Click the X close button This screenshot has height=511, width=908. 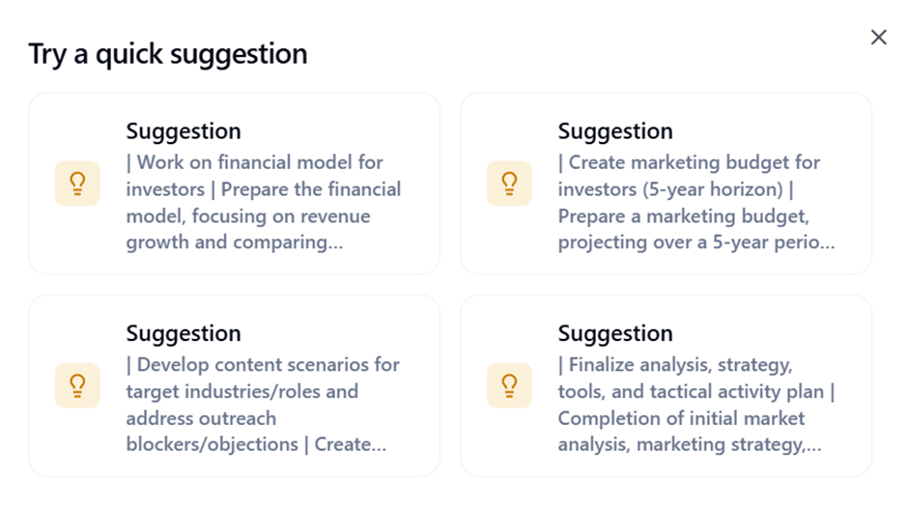point(878,37)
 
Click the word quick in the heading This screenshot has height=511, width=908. point(129,54)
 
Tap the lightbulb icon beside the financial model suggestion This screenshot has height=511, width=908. point(77,184)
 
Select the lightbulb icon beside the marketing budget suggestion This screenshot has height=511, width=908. point(510,184)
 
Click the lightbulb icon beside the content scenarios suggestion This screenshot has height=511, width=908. point(77,385)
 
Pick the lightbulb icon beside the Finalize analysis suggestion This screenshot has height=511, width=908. point(510,385)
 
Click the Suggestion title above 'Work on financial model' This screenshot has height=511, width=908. point(184,131)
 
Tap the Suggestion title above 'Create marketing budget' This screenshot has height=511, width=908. point(615,131)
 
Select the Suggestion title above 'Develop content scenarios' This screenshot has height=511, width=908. point(184,333)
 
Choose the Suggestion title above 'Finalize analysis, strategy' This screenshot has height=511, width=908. point(615,333)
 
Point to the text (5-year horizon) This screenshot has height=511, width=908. point(670,189)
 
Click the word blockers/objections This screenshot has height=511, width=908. point(213,444)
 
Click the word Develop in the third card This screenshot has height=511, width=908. point(173,365)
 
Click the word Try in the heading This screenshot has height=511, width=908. point(47,55)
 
